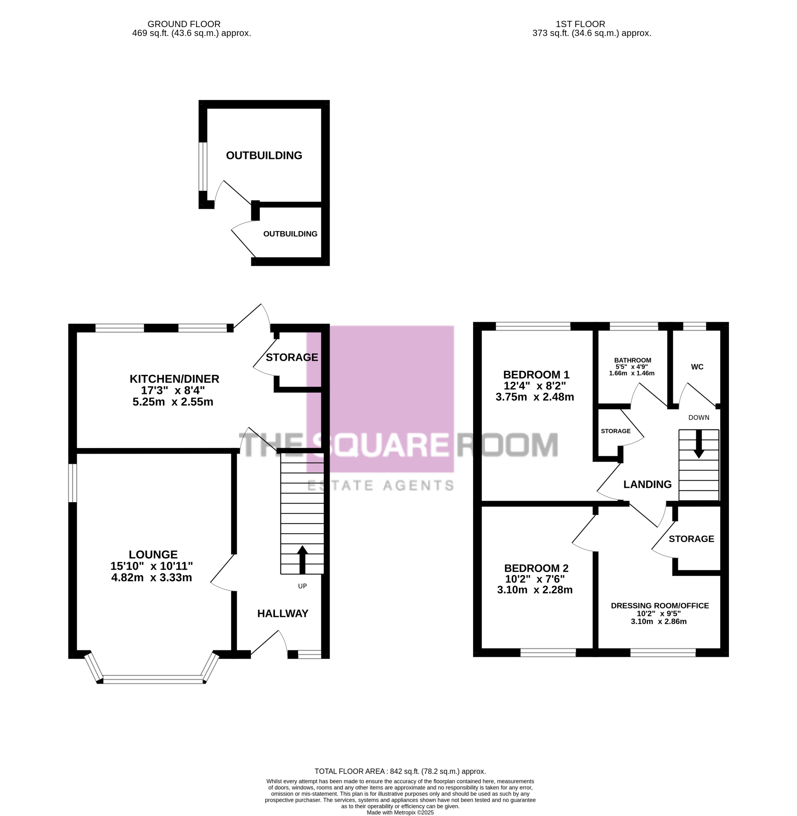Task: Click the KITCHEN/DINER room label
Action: pyautogui.click(x=174, y=379)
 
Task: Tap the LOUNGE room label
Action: pyautogui.click(x=153, y=555)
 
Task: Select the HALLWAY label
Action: pyautogui.click(x=283, y=614)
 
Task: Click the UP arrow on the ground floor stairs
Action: pyautogui.click(x=302, y=560)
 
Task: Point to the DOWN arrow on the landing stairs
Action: pyautogui.click(x=699, y=444)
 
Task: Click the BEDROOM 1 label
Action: pyautogui.click(x=536, y=375)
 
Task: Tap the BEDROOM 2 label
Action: pyautogui.click(x=536, y=568)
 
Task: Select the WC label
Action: pyautogui.click(x=697, y=367)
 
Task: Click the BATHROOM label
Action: pyautogui.click(x=632, y=360)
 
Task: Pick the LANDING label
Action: pyautogui.click(x=647, y=484)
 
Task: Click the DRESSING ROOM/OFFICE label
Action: pyautogui.click(x=660, y=606)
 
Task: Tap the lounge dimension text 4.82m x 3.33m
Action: pyautogui.click(x=151, y=577)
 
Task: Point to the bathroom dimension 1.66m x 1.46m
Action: pyautogui.click(x=632, y=373)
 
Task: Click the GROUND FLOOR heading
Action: pyautogui.click(x=184, y=24)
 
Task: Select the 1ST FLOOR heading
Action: pyautogui.click(x=580, y=24)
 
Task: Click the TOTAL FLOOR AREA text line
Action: pyautogui.click(x=400, y=771)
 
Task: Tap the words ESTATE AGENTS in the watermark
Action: pyautogui.click(x=381, y=485)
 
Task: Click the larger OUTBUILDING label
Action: pyautogui.click(x=264, y=156)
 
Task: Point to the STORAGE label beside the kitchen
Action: pyautogui.click(x=292, y=357)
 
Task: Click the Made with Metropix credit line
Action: pyautogui.click(x=400, y=813)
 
